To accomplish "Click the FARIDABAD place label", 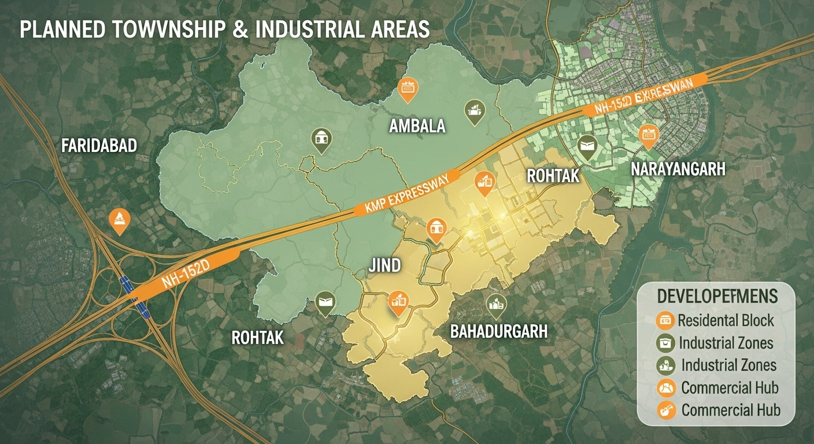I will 99,146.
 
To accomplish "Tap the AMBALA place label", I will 417,125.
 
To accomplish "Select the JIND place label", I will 384,266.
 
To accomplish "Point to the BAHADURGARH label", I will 499,331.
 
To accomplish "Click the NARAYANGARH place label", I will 678,169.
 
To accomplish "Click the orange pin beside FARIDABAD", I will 119,219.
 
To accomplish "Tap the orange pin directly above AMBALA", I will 408,88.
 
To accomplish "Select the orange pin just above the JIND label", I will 435,231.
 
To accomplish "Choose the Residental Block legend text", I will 726,320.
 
